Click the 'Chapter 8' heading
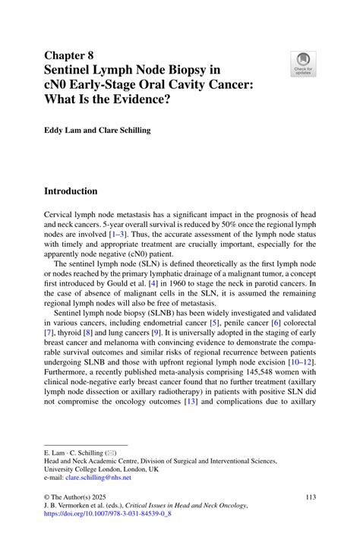(71, 55)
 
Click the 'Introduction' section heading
(81, 191)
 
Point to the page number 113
(309, 497)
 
